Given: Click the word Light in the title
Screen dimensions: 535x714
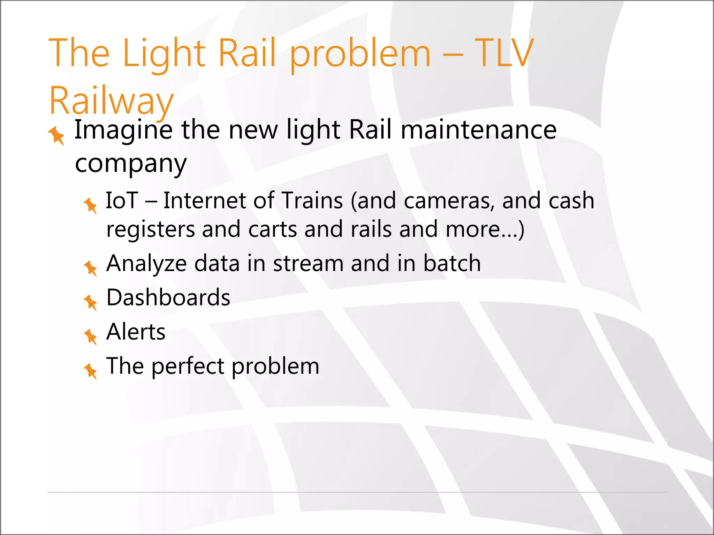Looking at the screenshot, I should pos(164,54).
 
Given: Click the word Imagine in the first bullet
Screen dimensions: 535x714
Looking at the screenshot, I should pos(123,130).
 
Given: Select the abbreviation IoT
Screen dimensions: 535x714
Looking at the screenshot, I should pos(122,201).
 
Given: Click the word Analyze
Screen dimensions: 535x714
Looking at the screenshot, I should pos(146,264).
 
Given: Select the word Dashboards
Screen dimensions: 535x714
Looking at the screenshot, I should pos(168,298).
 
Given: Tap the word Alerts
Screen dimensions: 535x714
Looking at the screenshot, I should pos(136,332).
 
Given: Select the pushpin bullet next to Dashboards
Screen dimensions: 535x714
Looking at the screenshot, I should pos(91,302).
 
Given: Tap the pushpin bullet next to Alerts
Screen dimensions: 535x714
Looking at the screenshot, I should pos(91,336).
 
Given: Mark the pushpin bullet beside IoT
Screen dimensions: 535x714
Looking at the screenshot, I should pos(91,206).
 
